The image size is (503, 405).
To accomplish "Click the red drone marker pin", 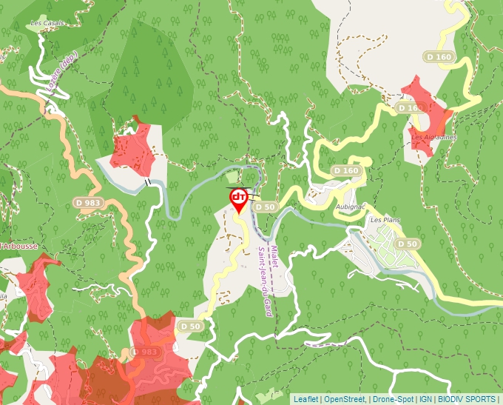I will pyautogui.click(x=239, y=199).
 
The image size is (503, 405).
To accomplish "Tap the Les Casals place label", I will pyautogui.click(x=47, y=23).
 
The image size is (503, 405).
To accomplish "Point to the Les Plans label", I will pyautogui.click(x=385, y=220).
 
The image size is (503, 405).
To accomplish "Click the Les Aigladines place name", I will pyautogui.click(x=434, y=137).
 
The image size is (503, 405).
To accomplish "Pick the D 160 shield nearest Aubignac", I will pyautogui.click(x=345, y=171).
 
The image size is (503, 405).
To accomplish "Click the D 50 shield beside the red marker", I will pyautogui.click(x=265, y=207).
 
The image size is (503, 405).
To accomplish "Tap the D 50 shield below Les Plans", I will pyautogui.click(x=406, y=244).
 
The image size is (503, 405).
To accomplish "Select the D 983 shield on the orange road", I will pyautogui.click(x=87, y=202).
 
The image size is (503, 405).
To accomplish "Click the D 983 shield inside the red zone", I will pyautogui.click(x=144, y=351).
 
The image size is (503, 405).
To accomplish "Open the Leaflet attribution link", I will pyautogui.click(x=305, y=399).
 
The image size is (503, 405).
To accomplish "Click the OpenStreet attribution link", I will pyautogui.click(x=345, y=399).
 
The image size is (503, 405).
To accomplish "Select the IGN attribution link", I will pyautogui.click(x=426, y=399).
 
